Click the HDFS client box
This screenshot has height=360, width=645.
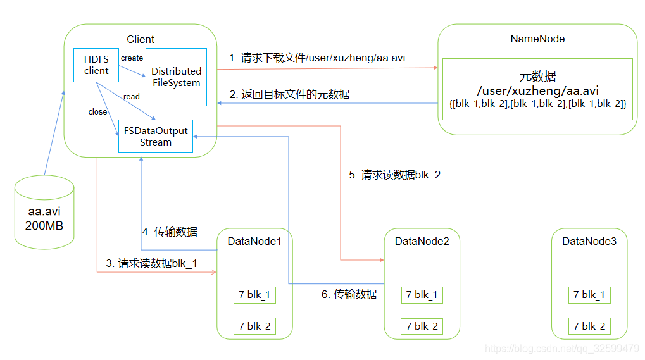(96, 65)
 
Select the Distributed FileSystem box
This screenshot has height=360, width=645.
(176, 77)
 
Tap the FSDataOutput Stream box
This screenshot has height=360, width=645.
(156, 136)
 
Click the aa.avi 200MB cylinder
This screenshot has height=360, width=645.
(44, 212)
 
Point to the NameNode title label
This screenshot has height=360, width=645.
(537, 39)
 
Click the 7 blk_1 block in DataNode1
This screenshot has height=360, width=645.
(254, 295)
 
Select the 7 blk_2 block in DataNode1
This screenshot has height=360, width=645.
(254, 326)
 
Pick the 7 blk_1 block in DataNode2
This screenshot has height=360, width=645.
(422, 295)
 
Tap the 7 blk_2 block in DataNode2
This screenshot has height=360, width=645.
(422, 326)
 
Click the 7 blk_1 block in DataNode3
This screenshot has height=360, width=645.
(589, 295)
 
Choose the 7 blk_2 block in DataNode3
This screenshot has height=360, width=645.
(589, 326)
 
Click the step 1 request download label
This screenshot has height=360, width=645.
(317, 58)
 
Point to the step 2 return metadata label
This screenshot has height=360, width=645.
(289, 94)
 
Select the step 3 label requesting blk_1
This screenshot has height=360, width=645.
(151, 263)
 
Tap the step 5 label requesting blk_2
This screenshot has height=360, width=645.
(394, 175)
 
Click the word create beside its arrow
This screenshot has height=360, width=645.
(132, 58)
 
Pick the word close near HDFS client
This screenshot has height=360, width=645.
(97, 112)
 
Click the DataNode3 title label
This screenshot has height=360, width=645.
(589, 241)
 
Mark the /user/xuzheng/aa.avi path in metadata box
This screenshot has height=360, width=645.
(537, 90)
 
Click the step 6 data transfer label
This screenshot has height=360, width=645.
(349, 294)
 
